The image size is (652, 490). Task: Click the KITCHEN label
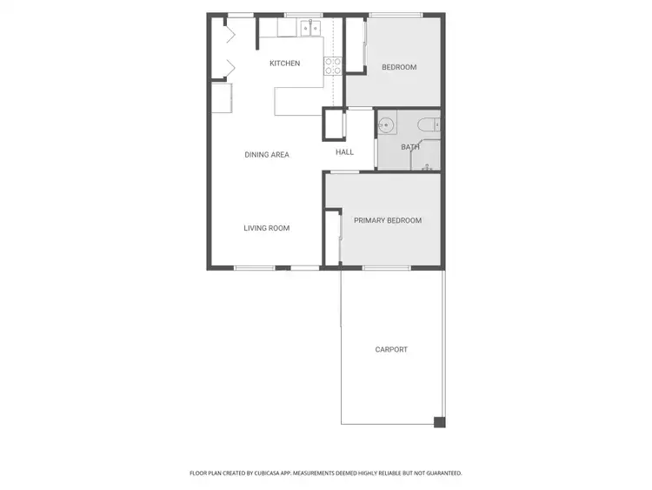point(284,64)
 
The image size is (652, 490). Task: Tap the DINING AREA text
point(266,155)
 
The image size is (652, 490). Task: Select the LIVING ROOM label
point(266,228)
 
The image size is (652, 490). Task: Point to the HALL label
point(345,152)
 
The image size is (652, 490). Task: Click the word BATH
point(409,147)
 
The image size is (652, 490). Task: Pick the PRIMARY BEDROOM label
point(388,221)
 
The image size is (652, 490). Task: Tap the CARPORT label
point(391,350)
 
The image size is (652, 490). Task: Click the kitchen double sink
point(310,29)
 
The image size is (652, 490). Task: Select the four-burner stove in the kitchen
point(332,66)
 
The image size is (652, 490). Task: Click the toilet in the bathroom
point(428,124)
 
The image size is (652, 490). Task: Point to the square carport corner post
point(439,422)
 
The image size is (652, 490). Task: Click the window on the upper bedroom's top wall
point(396,15)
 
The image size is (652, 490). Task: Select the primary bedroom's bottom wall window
point(386,267)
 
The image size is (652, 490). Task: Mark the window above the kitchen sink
point(303,15)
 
